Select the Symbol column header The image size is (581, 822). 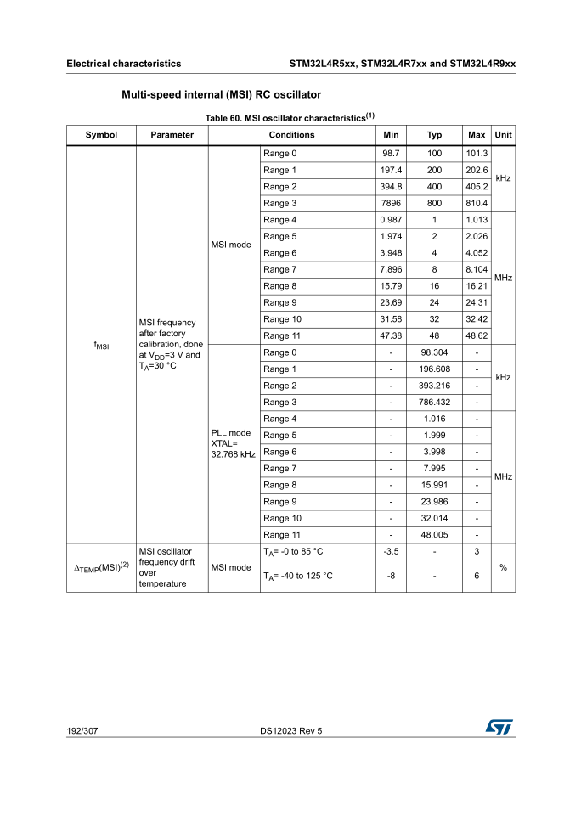tap(101, 135)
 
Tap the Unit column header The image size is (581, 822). tap(503, 135)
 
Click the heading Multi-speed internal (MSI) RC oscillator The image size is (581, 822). tap(221, 94)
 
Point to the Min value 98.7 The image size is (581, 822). tap(391, 154)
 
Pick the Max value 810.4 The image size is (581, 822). tap(477, 204)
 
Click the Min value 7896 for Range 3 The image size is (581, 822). tap(391, 204)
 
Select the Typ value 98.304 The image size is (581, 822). tap(434, 352)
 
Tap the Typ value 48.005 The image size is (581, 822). tap(434, 535)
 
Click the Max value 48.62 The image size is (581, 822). tap(477, 336)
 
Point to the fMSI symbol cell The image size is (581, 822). tap(101, 345)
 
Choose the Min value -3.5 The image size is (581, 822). tap(391, 552)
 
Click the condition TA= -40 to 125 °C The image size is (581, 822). tap(297, 577)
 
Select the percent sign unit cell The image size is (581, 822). tap(503, 567)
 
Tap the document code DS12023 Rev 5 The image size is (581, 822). tap(291, 730)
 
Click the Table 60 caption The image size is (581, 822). tap(290, 117)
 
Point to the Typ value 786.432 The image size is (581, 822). tap(434, 403)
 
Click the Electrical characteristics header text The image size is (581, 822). tap(124, 64)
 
